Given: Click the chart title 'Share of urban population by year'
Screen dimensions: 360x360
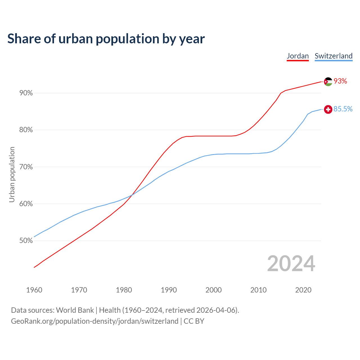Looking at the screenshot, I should [106, 39].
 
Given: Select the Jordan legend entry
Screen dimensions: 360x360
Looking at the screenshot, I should [298, 56].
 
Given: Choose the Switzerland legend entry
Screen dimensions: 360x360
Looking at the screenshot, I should [333, 56].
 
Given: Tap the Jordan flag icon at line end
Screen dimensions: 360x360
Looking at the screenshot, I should [328, 82].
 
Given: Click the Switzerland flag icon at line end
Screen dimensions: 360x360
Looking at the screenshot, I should [328, 109].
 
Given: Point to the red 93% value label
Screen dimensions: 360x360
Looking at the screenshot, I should [340, 81].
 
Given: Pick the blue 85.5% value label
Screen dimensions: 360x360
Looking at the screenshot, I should [343, 109].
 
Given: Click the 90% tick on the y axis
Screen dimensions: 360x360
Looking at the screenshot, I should [26, 93].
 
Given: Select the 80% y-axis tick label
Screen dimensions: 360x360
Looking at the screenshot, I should [26, 130].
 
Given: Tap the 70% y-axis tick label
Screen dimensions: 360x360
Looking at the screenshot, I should [26, 167].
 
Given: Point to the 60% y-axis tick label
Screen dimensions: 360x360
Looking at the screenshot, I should [26, 204].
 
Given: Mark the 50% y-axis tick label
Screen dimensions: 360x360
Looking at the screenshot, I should [26, 241].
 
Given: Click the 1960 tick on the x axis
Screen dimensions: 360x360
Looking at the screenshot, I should [34, 290].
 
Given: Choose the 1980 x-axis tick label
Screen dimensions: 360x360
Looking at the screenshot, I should [124, 290].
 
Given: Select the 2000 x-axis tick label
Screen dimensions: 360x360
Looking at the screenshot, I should [214, 290].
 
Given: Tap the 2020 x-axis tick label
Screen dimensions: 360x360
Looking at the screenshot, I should [303, 290].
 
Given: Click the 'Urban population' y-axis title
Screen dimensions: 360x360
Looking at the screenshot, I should [12, 174].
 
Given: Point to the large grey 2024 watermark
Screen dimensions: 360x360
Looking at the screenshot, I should [291, 264].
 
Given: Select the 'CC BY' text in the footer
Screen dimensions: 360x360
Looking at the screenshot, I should [194, 321].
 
